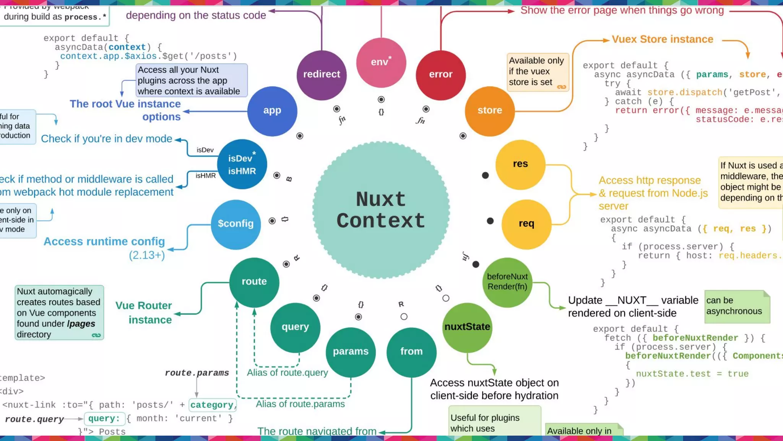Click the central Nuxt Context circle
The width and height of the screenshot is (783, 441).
pos(381,210)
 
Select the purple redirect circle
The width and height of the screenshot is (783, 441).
pos(322,75)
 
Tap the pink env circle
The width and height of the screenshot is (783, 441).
pos(381,62)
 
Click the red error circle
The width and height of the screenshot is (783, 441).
pos(440,75)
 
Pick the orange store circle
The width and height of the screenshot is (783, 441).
pos(489,111)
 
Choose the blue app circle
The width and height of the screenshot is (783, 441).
pos(272,111)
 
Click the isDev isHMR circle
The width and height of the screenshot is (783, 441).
pos(242,164)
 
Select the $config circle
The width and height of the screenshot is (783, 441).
pos(236,224)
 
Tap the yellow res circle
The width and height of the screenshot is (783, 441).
pos(520,164)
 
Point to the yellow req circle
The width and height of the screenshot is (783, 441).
pos(526,224)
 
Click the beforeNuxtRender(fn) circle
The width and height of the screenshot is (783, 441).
pos(507,282)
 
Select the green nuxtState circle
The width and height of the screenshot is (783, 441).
pos(467,327)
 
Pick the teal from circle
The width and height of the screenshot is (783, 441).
pos(411,352)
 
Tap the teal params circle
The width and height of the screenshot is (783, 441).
pos(350,352)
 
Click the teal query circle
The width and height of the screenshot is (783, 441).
pos(295,327)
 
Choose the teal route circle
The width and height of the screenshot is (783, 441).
pos(254,282)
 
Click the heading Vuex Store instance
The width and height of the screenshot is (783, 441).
pos(662,39)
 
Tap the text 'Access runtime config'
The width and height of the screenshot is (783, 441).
pos(104,242)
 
